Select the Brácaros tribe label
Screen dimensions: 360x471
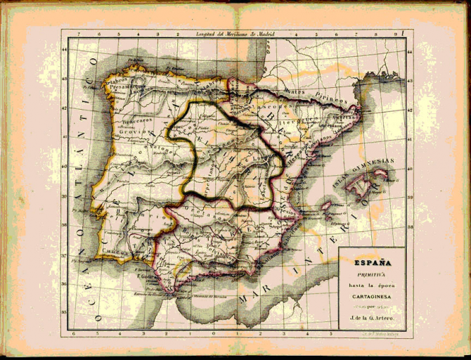coord(129,120)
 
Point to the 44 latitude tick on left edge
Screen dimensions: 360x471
coord(65,49)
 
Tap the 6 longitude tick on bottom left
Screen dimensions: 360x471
coord(75,333)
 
